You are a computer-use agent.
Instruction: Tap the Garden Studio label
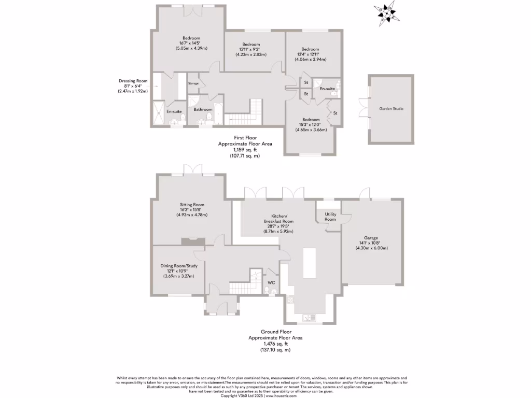tap(392, 109)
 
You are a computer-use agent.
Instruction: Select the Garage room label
tap(371, 238)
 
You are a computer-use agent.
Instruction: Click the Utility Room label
tap(331, 217)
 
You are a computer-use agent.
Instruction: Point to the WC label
tap(271, 282)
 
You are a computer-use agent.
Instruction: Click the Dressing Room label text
tap(133, 81)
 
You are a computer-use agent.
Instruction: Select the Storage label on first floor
tap(193, 83)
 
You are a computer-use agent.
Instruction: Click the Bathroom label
tap(203, 109)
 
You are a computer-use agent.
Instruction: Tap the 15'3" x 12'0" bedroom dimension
tap(312, 124)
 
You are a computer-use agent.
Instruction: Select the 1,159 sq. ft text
tap(245, 149)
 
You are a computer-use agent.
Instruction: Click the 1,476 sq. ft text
tap(275, 344)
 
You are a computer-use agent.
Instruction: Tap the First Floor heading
tap(245, 138)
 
